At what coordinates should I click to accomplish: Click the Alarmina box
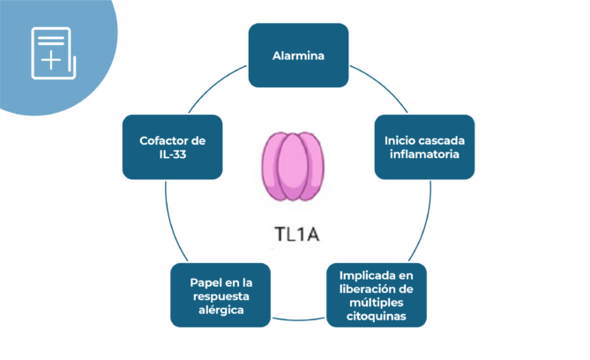pyautogui.click(x=298, y=56)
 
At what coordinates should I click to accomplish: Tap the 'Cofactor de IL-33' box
pyautogui.click(x=171, y=146)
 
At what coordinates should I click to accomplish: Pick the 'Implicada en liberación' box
pyautogui.click(x=377, y=296)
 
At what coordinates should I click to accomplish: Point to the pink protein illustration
pyautogui.click(x=294, y=166)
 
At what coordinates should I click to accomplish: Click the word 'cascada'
pyautogui.click(x=446, y=139)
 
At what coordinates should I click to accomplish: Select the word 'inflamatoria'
pyautogui.click(x=424, y=154)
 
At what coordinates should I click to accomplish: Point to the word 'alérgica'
pyautogui.click(x=220, y=311)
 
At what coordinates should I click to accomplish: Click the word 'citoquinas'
pyautogui.click(x=377, y=317)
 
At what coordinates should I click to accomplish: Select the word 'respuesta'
pyautogui.click(x=220, y=296)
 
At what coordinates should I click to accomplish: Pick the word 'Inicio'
pyautogui.click(x=402, y=139)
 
